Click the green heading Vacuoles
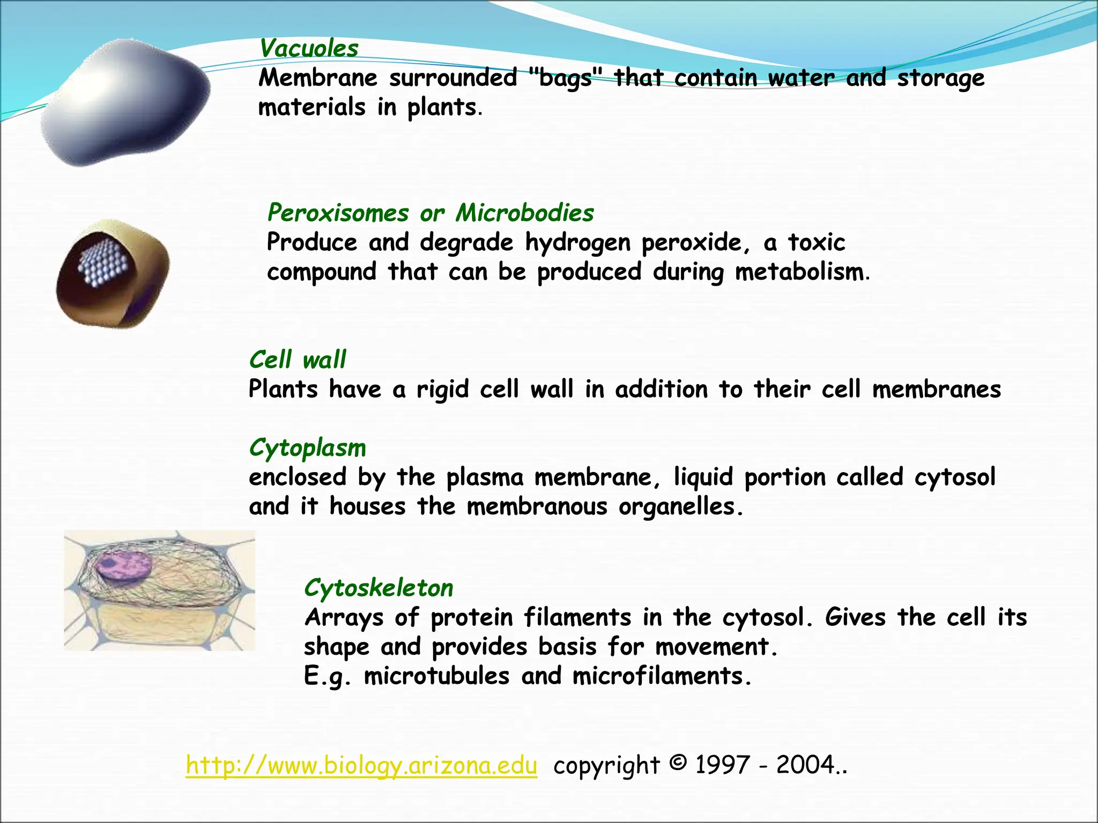[x=309, y=49]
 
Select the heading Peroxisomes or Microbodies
[x=431, y=213]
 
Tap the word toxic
[x=817, y=243]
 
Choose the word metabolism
[x=799, y=272]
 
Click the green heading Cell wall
[x=298, y=360]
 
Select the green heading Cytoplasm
[x=308, y=448]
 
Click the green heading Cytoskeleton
[x=379, y=588]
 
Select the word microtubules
[x=436, y=676]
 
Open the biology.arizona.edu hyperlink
[x=361, y=766]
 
